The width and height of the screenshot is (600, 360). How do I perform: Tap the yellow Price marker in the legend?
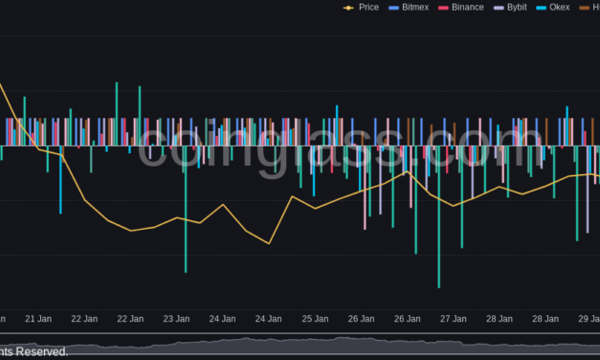coord(347,7)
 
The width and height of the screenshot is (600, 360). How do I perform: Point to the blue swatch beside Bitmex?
coord(393,7)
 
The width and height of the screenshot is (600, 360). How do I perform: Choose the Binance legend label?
coord(468,7)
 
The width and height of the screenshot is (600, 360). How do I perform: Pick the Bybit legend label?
coord(517,7)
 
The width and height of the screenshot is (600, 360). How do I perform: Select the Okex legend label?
coord(560,7)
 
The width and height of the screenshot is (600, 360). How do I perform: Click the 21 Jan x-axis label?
coord(37,318)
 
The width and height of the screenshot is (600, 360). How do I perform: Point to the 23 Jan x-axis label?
coord(175,318)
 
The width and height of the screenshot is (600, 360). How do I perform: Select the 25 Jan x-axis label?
coord(314,318)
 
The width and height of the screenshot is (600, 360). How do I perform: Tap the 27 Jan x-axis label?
coord(452,318)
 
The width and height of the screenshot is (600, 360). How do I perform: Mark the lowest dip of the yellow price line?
coord(269,243)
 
